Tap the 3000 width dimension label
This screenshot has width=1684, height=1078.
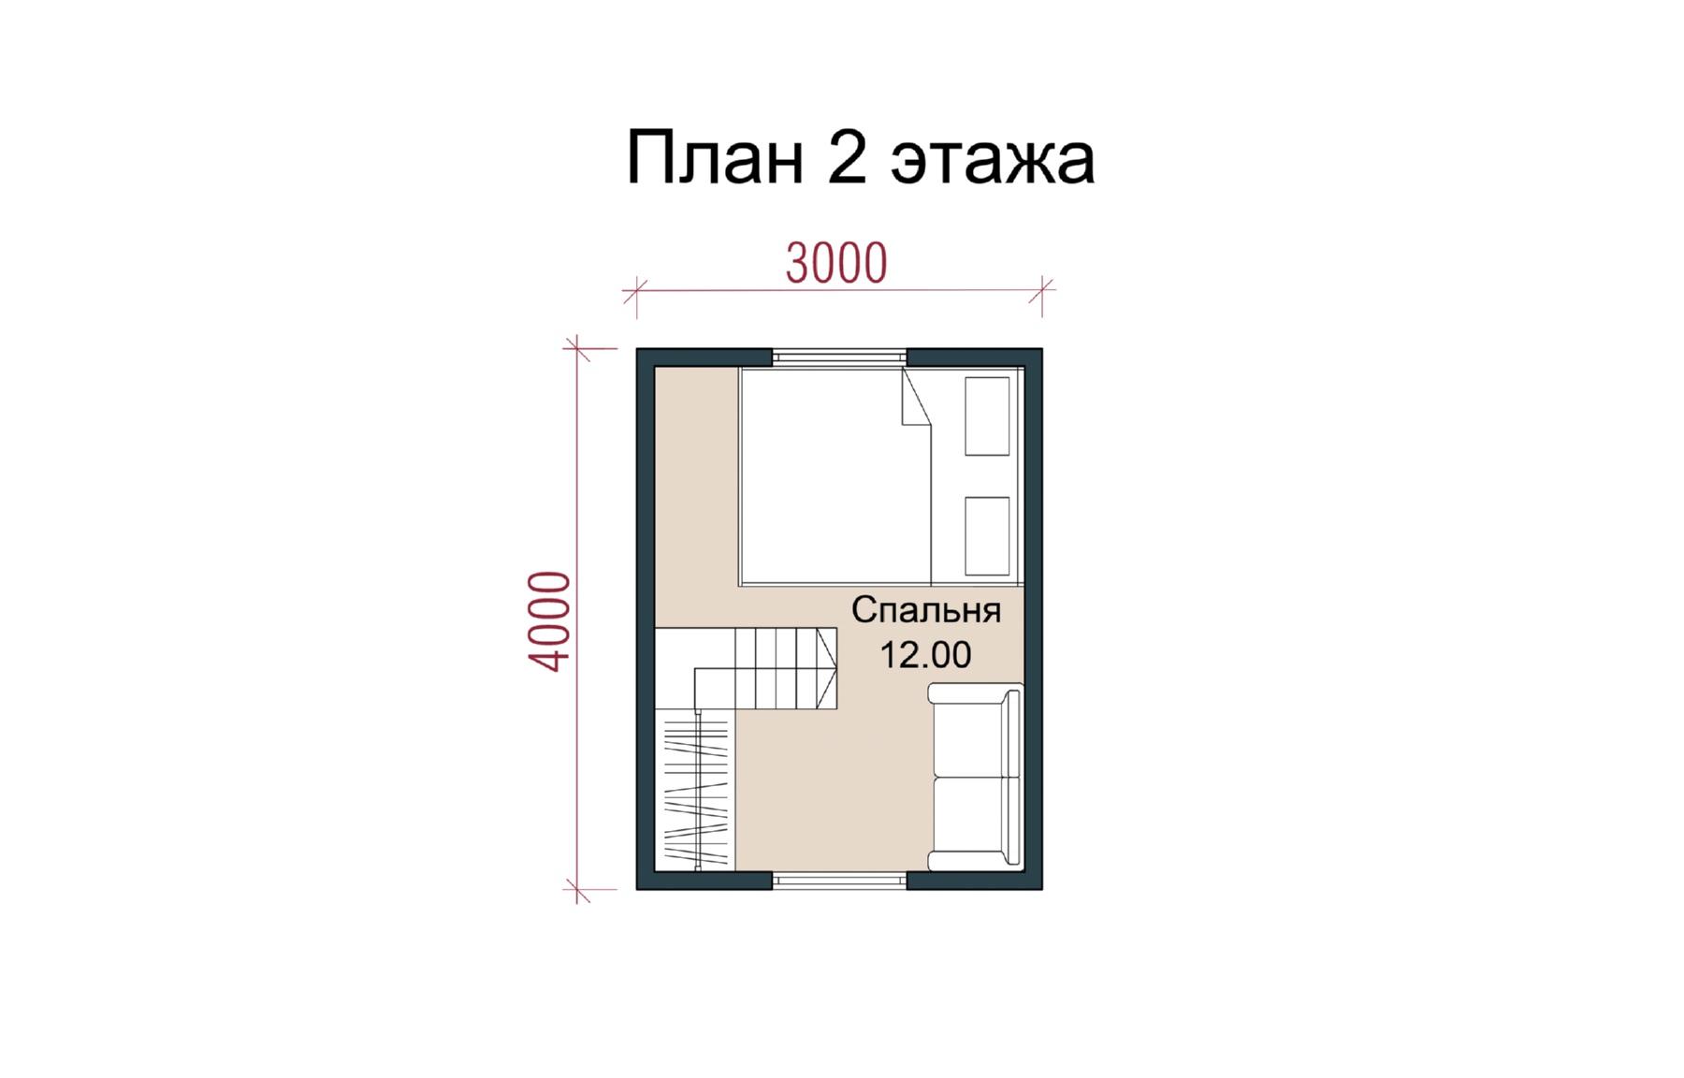[836, 263]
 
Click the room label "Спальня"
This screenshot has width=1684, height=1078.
[926, 610]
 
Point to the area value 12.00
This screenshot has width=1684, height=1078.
[925, 655]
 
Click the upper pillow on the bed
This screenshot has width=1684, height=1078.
[987, 416]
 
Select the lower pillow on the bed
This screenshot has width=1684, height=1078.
[987, 536]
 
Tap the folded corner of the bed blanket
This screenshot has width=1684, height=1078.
[916, 397]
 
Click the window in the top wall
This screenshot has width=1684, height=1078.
[839, 357]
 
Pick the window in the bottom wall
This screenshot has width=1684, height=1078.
[839, 881]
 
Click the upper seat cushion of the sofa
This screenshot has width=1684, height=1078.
[968, 732]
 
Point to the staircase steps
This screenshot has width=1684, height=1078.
[784, 668]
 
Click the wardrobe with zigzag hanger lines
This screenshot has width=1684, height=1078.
[694, 790]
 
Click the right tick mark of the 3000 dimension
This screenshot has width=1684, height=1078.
[1041, 290]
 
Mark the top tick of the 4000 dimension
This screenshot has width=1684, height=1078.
[577, 348]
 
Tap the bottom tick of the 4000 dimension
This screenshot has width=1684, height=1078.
[577, 889]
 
